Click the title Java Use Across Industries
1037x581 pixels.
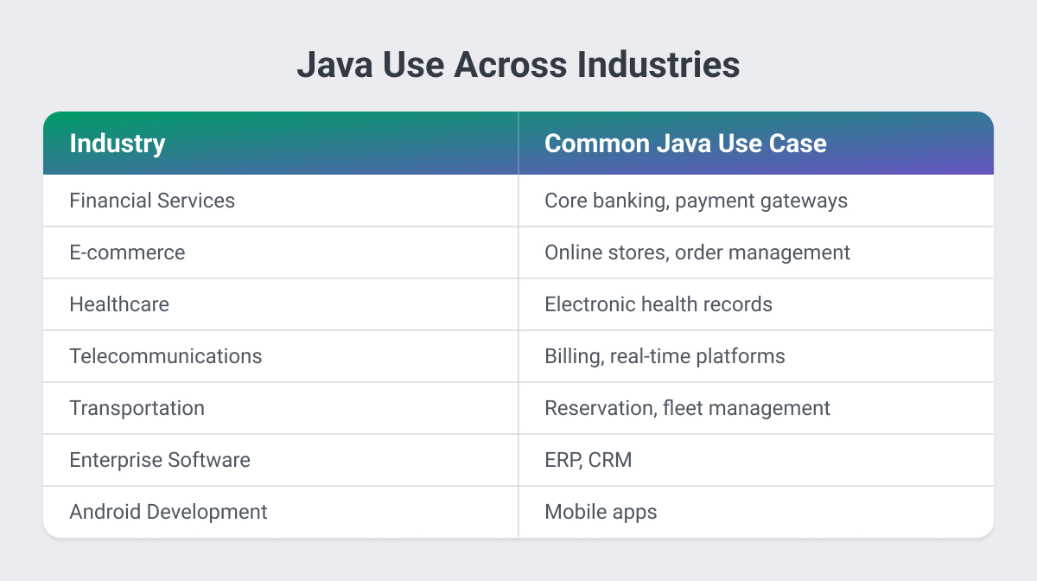click(518, 67)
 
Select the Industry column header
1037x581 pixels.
click(117, 143)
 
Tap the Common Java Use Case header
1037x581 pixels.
click(685, 143)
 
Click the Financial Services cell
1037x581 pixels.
click(152, 201)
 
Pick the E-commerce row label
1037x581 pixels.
click(127, 252)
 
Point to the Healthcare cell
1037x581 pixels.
click(119, 304)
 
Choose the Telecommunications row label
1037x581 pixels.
click(165, 356)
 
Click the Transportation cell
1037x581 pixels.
click(137, 408)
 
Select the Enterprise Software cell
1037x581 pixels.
click(160, 460)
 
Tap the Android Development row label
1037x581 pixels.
click(169, 512)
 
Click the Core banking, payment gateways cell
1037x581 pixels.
click(696, 201)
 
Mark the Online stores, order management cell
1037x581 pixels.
click(697, 252)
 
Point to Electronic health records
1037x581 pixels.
click(658, 304)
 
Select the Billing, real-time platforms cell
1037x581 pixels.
click(665, 356)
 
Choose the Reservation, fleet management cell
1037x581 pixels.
click(687, 408)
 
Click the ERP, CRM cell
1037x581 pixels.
click(588, 460)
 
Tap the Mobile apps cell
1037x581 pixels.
click(601, 512)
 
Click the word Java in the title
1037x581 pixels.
click(332, 67)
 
